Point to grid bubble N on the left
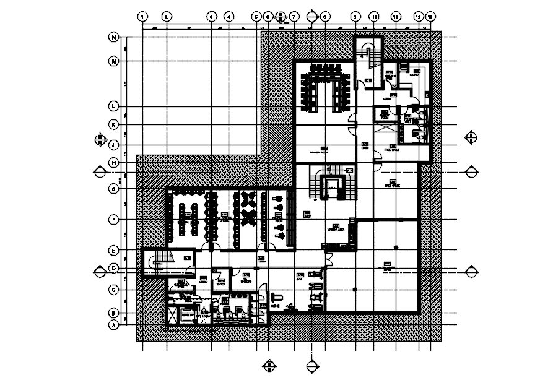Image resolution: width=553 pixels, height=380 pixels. point(114,38)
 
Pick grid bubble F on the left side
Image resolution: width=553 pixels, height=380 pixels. point(114,219)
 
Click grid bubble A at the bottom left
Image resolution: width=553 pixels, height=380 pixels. point(114,324)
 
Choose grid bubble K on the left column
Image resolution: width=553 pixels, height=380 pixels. point(114,124)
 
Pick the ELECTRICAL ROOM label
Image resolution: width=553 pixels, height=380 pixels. point(180,284)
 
